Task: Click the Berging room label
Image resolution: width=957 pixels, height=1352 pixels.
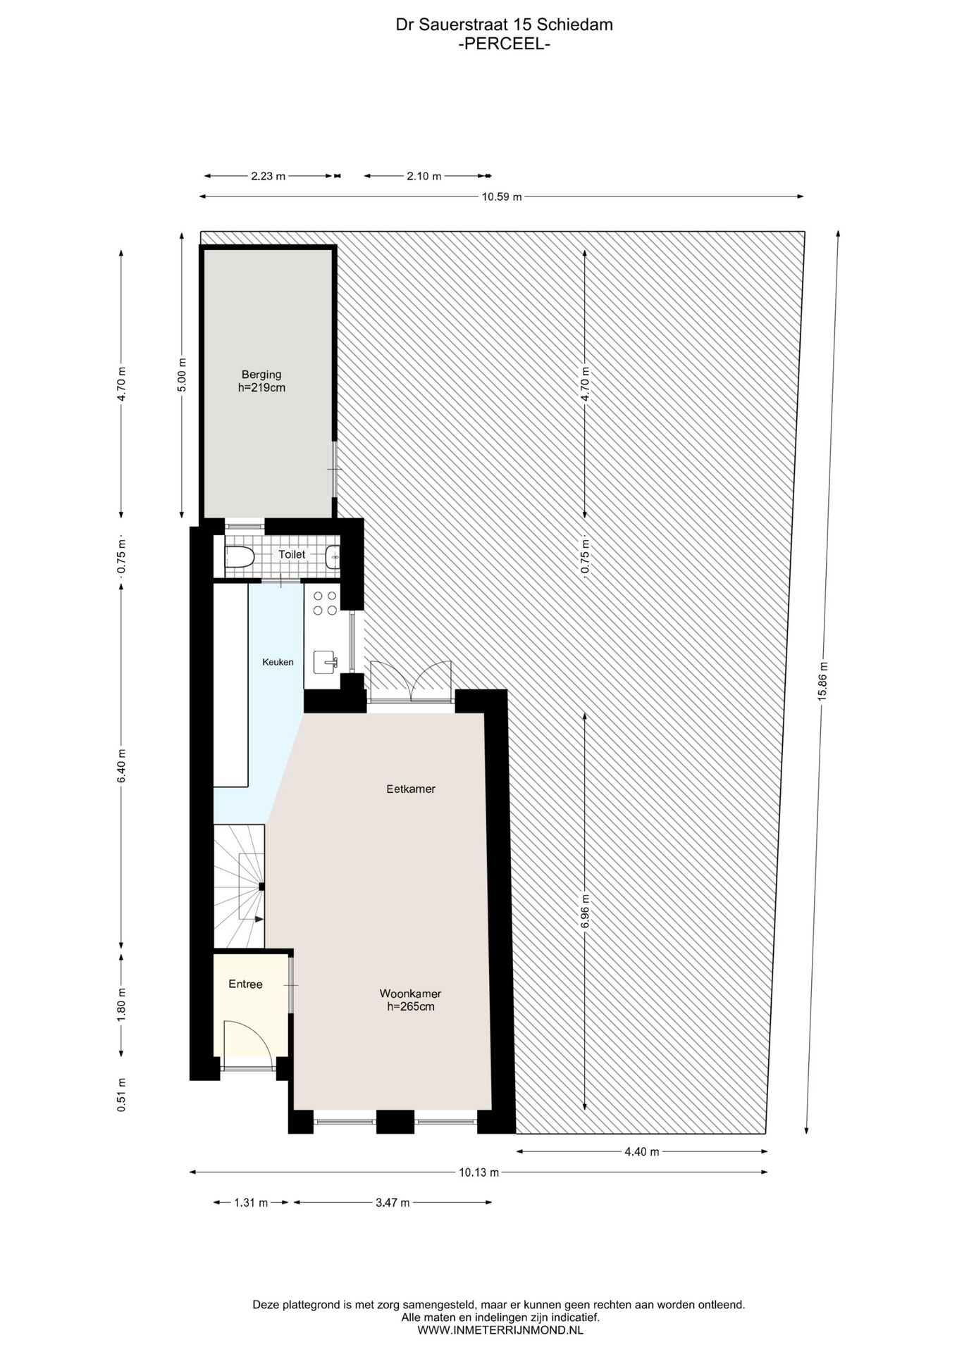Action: click(x=261, y=381)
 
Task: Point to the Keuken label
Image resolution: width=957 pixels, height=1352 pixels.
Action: click(x=278, y=662)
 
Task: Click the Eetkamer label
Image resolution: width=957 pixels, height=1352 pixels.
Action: click(x=411, y=789)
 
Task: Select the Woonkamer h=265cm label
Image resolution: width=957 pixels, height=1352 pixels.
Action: click(x=410, y=1000)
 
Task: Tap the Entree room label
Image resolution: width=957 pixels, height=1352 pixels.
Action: click(x=245, y=984)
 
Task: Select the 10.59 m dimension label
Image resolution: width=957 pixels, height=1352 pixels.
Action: click(x=502, y=197)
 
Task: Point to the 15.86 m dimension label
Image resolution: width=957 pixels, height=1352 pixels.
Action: click(x=822, y=681)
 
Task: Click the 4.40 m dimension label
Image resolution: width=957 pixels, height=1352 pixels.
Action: click(x=641, y=1152)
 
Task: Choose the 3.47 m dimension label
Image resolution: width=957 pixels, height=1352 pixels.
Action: click(x=393, y=1203)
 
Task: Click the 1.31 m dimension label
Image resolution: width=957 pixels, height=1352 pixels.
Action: click(x=251, y=1203)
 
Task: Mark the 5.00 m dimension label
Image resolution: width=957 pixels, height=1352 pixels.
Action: click(x=182, y=375)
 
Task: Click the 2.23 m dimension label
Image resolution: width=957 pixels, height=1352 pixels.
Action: click(x=268, y=176)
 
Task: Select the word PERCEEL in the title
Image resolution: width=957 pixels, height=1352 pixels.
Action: click(x=504, y=44)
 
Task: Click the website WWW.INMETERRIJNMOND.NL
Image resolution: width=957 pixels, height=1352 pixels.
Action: click(x=500, y=1330)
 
